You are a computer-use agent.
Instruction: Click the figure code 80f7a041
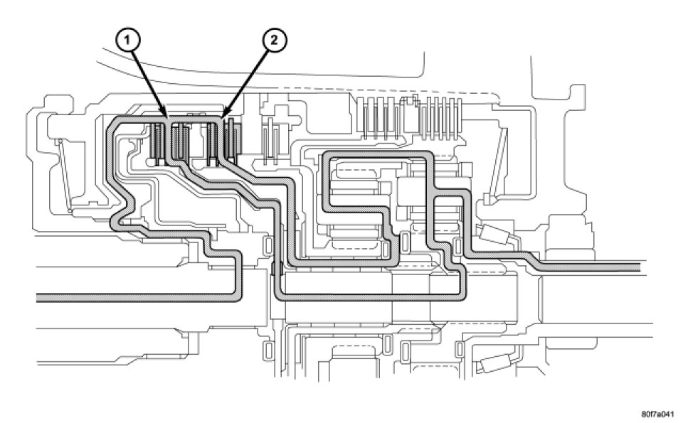pos(655,412)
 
